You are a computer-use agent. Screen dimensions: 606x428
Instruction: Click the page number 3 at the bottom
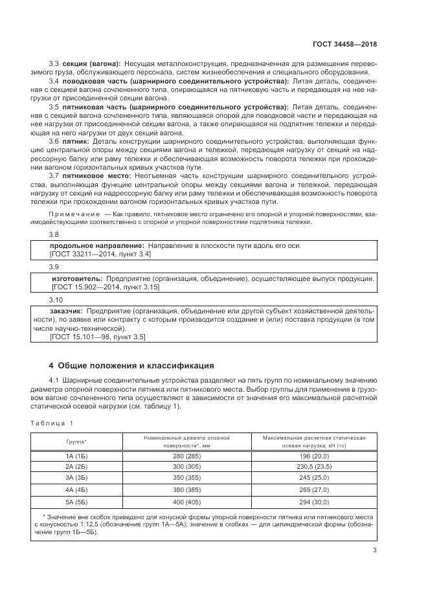[x=374, y=551]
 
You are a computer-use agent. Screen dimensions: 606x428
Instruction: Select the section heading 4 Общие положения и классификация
[x=132, y=365]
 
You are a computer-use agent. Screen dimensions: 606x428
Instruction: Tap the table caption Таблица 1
[x=52, y=423]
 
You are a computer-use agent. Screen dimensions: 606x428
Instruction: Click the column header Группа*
[x=76, y=442]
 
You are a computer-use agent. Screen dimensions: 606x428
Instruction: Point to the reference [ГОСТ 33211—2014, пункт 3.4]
[x=100, y=254]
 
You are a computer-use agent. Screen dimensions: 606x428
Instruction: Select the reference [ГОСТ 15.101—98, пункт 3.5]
[x=98, y=337]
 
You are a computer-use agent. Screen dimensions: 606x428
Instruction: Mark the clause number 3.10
[x=56, y=300]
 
